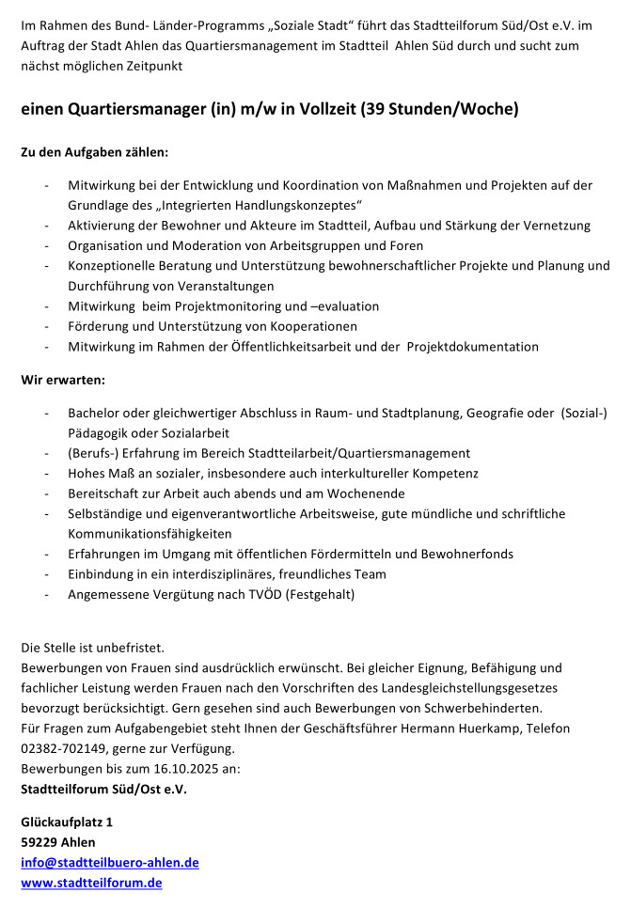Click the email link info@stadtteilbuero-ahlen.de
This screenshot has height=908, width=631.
point(110,862)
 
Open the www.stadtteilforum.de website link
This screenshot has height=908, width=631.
point(91,883)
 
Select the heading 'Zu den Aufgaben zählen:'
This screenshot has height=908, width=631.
point(94,150)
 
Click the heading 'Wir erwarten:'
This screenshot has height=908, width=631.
point(63,380)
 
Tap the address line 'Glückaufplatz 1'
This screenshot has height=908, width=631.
point(67,821)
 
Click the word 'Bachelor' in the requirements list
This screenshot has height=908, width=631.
point(95,414)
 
